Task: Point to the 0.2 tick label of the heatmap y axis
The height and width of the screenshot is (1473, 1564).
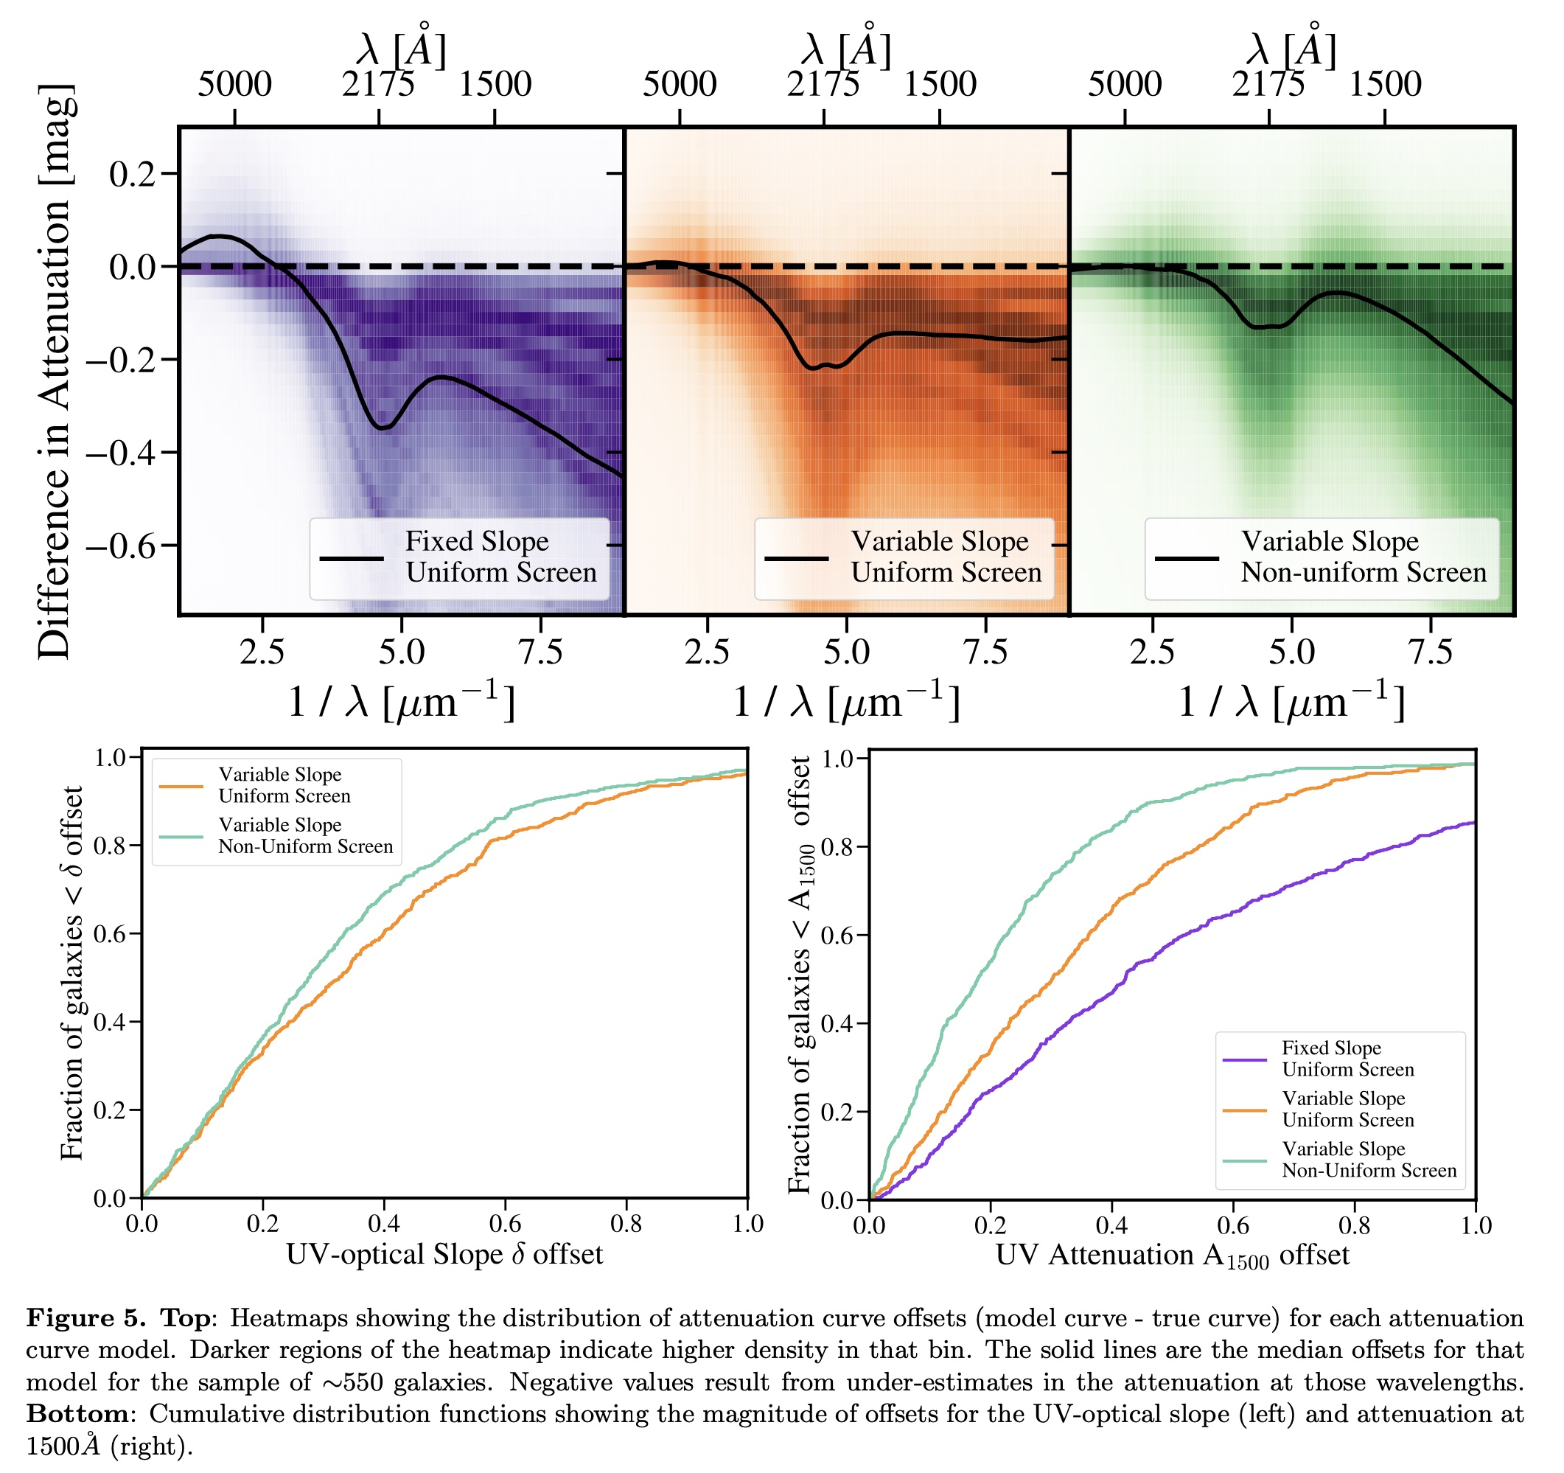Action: [x=131, y=174]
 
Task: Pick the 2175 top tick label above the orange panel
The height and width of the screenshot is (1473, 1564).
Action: [x=823, y=84]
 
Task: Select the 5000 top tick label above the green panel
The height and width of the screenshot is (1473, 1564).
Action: [x=1124, y=84]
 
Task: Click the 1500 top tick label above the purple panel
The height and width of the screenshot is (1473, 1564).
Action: [x=495, y=84]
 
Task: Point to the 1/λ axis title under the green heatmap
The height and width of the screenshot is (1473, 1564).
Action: [x=1291, y=702]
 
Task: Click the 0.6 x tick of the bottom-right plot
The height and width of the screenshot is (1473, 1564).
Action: [x=1233, y=1226]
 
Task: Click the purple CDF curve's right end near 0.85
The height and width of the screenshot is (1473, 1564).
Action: [x=1471, y=823]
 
